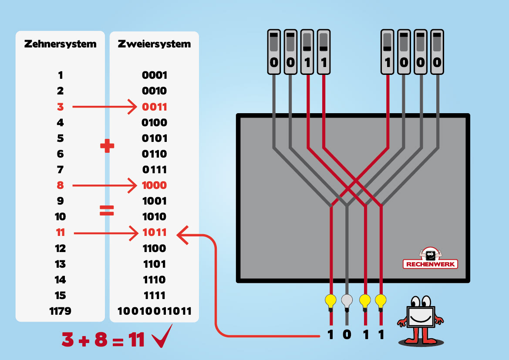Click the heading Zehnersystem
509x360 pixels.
[60, 44]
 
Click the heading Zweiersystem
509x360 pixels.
[154, 44]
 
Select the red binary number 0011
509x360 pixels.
[155, 107]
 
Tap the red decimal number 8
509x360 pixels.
[60, 185]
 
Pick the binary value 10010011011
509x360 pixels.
[154, 311]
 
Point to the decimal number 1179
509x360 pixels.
[60, 311]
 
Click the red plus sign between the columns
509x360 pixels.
[107, 146]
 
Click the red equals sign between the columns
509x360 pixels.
[107, 211]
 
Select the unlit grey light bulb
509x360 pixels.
[347, 301]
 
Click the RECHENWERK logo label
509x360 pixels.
[430, 264]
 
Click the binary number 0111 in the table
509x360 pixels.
[155, 170]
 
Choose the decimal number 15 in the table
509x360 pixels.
[60, 296]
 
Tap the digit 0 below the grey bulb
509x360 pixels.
[347, 336]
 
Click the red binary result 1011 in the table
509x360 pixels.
[155, 232]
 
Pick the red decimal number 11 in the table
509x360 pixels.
[60, 232]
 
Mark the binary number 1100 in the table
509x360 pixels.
[155, 249]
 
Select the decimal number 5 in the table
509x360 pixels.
[60, 138]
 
